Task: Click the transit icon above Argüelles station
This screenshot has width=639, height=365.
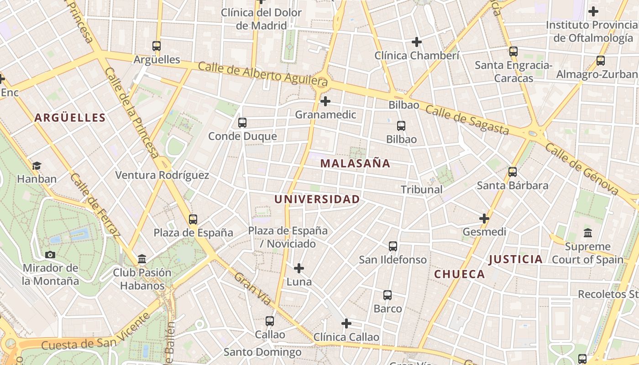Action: [x=157, y=46]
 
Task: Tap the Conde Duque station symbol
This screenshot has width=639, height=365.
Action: [x=242, y=122]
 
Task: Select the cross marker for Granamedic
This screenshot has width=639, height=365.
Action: [x=325, y=101]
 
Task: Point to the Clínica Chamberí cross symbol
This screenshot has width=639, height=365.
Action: [x=416, y=42]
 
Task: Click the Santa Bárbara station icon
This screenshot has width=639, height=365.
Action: [x=513, y=172]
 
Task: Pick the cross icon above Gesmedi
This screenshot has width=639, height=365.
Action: [x=484, y=219]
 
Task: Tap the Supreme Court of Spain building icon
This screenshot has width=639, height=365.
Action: [x=588, y=233]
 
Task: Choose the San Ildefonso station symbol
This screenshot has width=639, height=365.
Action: [x=393, y=246]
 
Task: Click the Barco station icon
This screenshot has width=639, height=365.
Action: [x=388, y=295]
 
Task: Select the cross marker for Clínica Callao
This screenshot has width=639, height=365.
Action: [x=346, y=323]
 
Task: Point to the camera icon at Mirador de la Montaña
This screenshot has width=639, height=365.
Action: [x=50, y=255]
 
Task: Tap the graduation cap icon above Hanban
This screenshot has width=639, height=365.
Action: [x=37, y=165]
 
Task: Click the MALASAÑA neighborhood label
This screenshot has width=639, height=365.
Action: [x=355, y=163]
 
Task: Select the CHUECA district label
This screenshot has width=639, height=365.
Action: [x=459, y=274]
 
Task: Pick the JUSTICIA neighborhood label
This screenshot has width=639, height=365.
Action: [x=515, y=260]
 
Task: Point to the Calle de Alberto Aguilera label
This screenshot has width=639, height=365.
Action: [x=263, y=73]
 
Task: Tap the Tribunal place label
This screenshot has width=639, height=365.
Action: [x=422, y=189]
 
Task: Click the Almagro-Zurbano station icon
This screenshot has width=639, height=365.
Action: [x=601, y=60]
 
